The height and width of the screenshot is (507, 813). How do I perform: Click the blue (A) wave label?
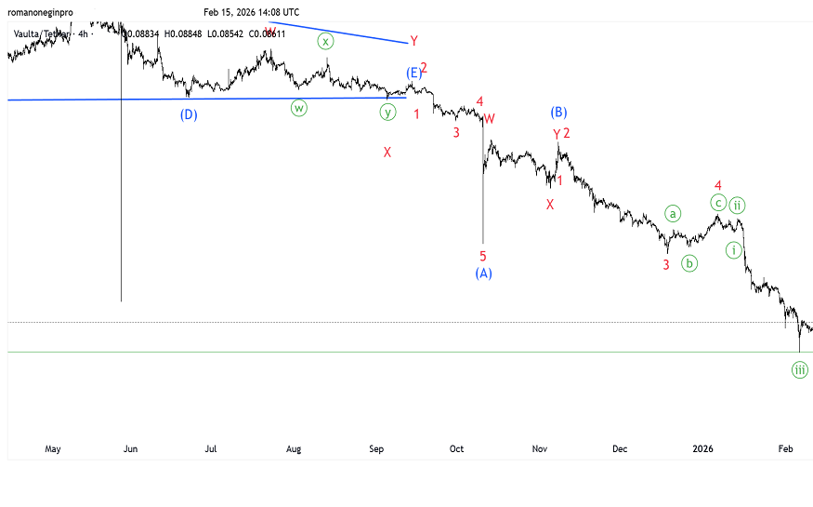[x=483, y=273]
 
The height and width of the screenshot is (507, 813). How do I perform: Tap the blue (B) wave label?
[x=558, y=113]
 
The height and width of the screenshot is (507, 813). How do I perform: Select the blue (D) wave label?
[x=189, y=115]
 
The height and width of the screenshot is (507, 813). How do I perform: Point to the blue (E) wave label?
[x=413, y=73]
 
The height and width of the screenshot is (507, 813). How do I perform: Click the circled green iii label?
[x=800, y=369]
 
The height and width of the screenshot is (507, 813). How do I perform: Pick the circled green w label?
[x=299, y=108]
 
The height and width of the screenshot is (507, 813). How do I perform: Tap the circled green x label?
[x=325, y=41]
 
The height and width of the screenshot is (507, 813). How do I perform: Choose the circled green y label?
[x=387, y=113]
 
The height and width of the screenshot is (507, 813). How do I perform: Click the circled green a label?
[x=674, y=213]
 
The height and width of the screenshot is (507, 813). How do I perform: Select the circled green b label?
[x=689, y=263]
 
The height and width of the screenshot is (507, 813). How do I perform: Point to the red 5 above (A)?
[x=483, y=256]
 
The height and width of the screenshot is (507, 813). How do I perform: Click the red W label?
[x=489, y=119]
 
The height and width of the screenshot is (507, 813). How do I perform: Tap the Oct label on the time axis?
[x=456, y=449]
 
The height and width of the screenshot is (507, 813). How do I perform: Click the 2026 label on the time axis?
[x=704, y=449]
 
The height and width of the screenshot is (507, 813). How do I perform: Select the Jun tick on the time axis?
[x=130, y=449]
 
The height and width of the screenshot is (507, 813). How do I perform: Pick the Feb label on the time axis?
[x=785, y=449]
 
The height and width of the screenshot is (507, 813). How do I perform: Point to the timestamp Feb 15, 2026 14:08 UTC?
[x=252, y=12]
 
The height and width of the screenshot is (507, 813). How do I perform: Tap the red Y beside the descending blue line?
[x=413, y=41]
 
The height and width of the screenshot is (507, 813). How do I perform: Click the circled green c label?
[x=718, y=202]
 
